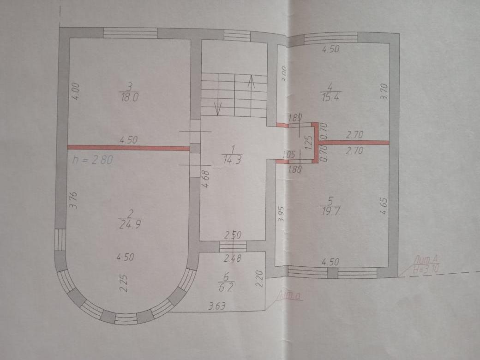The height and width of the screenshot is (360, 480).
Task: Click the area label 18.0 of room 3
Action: point(130,97)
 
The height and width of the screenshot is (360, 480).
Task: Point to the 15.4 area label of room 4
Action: point(329,96)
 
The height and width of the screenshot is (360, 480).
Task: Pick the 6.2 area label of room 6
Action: point(226,286)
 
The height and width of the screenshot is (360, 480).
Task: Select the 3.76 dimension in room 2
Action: point(73,201)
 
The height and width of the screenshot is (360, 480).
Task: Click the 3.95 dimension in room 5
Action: point(281,216)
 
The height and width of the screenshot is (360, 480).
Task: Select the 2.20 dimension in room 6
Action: point(260,278)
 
